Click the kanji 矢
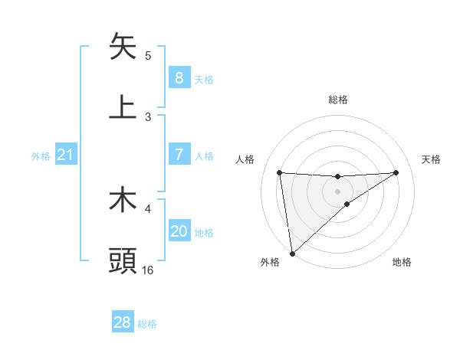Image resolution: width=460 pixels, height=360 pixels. coord(123,47)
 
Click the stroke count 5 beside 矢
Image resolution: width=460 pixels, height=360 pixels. coord(148,56)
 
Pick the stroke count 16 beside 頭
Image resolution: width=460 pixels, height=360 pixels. coord(148,270)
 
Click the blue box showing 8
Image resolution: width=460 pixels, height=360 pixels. coord(179,78)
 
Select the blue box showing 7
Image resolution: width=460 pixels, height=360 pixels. coord(179,155)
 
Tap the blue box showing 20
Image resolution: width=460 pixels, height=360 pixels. coord(179,231)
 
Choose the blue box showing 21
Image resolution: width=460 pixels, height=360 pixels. coord(65,155)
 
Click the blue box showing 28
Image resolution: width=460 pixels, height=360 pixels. coord(122,322)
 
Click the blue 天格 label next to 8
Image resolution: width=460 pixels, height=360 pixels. coord(204,80)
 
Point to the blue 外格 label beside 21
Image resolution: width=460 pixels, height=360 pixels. coord(41,156)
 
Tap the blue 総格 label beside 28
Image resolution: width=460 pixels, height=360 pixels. coord(147,324)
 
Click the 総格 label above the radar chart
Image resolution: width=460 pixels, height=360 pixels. coord(338,100)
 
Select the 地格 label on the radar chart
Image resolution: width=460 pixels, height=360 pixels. coord(402,263)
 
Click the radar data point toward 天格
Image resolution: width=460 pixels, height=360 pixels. coord(396,172)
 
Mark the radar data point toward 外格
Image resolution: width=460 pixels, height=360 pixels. coord(291,254)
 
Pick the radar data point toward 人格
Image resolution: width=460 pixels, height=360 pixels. coord(280,172)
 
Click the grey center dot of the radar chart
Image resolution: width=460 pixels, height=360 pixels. coord(338,191)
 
